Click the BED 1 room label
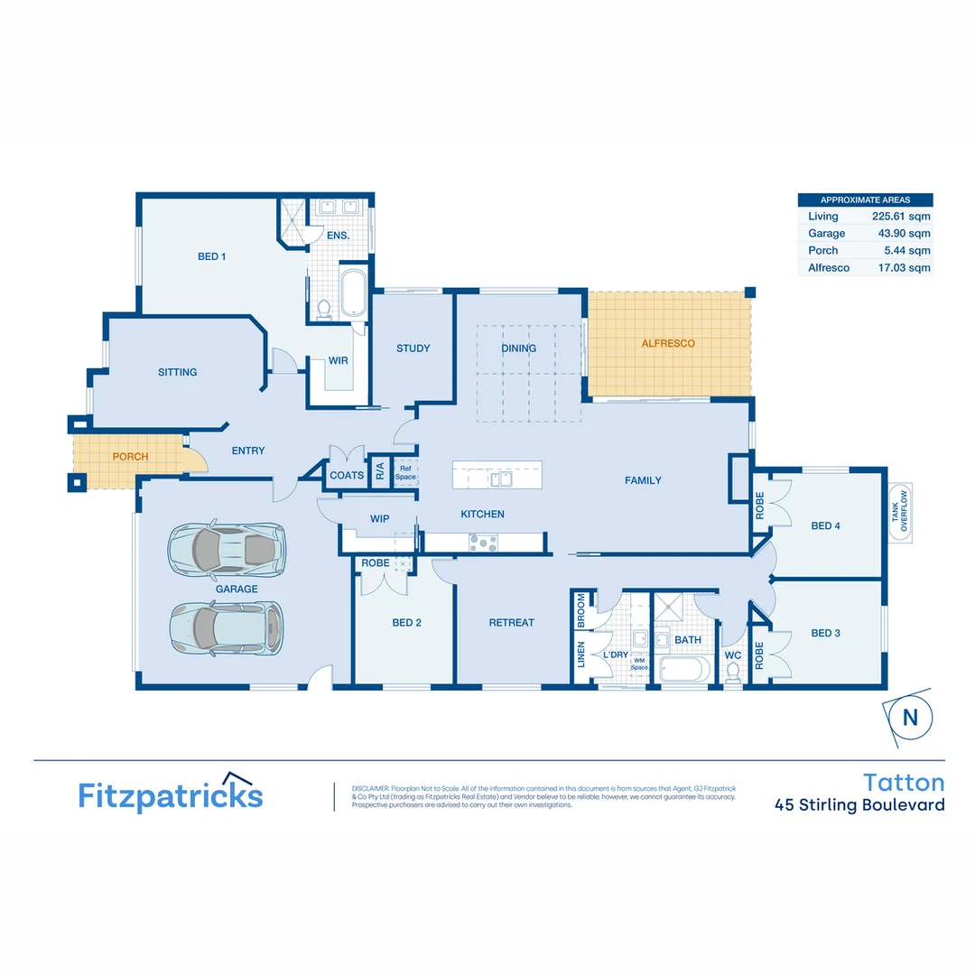211,256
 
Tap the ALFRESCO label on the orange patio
667,344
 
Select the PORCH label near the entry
130,457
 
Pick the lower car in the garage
226,627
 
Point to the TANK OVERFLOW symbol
900,516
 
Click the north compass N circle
909,718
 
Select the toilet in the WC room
733,670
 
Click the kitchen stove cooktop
483,543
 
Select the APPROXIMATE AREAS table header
865,200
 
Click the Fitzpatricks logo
170,794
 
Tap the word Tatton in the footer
903,782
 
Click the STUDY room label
413,348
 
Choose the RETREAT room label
511,623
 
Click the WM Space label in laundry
639,664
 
